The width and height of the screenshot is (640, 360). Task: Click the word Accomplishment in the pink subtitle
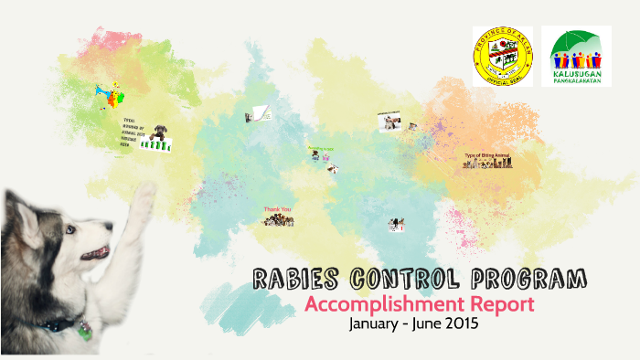pyautogui.click(x=382, y=304)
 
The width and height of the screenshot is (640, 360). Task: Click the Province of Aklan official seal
pyautogui.click(x=502, y=56)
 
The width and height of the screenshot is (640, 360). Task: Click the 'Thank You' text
pyautogui.click(x=278, y=209)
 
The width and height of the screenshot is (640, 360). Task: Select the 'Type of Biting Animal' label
pyautogui.click(x=487, y=155)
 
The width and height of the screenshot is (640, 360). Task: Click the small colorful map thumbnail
pyautogui.click(x=108, y=94)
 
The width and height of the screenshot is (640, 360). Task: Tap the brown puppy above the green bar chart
pyautogui.click(x=160, y=132)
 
